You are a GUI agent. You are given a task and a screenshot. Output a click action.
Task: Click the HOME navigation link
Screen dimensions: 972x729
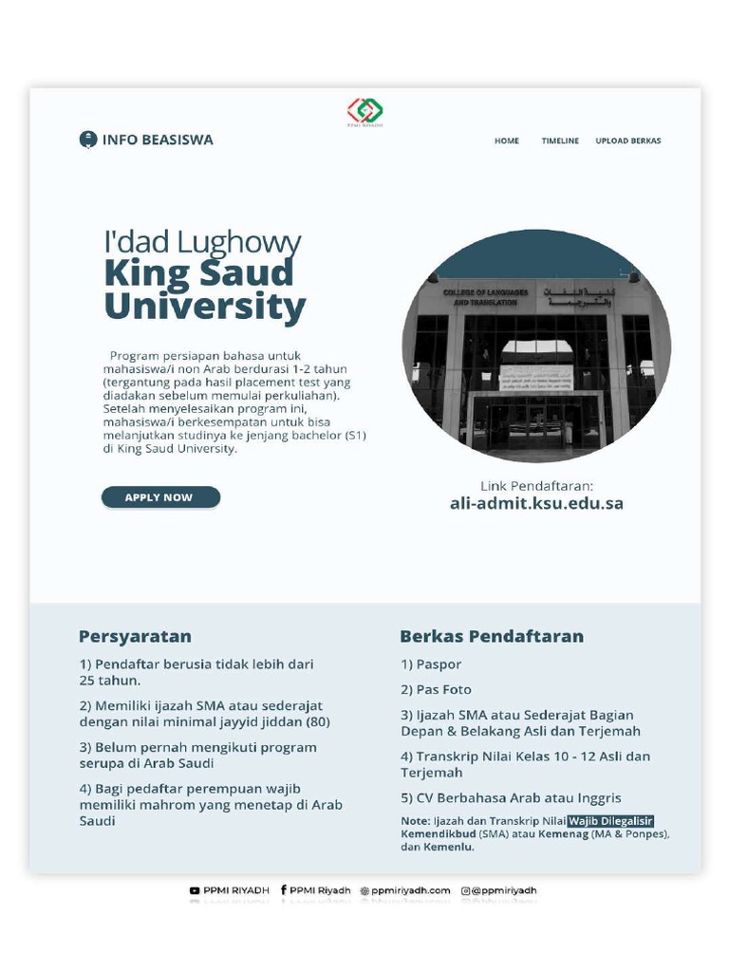click(507, 140)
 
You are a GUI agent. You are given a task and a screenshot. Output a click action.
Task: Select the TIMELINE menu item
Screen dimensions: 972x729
click(560, 140)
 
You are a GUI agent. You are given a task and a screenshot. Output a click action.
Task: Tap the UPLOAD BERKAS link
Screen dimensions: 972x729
click(627, 140)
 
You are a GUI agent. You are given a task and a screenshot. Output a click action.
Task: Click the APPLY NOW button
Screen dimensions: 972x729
click(160, 497)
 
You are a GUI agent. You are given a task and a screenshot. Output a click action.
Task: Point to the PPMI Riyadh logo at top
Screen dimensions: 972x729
click(364, 111)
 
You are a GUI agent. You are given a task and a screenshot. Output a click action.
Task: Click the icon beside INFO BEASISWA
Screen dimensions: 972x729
click(87, 140)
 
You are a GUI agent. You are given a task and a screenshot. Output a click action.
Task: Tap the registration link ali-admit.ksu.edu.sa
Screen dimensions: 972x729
click(536, 504)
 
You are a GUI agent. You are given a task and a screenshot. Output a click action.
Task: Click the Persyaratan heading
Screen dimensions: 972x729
click(135, 636)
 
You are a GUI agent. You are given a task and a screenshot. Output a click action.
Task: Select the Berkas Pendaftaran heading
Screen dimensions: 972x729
click(492, 636)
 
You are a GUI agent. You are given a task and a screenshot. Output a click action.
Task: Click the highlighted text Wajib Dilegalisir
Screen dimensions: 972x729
click(611, 821)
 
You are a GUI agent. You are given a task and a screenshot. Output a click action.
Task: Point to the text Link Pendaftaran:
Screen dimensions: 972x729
click(536, 485)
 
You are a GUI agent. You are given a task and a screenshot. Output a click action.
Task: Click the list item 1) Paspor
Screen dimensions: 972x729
click(431, 664)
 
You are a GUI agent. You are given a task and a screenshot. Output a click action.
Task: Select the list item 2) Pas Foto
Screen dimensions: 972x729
click(436, 689)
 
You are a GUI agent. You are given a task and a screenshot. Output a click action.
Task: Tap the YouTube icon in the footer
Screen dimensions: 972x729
click(195, 890)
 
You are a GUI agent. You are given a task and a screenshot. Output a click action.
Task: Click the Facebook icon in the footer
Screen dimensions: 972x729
click(283, 890)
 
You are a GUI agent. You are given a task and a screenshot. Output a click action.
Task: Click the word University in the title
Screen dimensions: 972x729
click(205, 308)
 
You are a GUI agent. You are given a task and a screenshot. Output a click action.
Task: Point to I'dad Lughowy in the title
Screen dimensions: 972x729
click(202, 242)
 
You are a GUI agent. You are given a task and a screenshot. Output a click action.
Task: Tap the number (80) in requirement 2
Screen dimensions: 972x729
click(317, 722)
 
